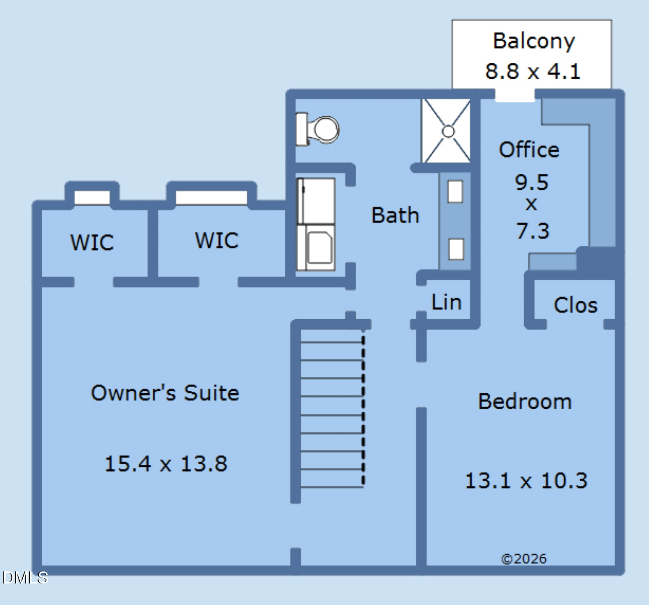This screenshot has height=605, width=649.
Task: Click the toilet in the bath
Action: (320, 129)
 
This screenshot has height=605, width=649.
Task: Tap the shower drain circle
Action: (448, 131)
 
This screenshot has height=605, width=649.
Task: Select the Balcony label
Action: (533, 41)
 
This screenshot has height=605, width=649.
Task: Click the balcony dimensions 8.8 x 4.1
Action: (533, 71)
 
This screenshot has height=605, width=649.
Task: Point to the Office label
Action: (529, 150)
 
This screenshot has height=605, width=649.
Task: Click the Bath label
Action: (395, 215)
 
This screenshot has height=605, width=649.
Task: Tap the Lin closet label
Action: (446, 302)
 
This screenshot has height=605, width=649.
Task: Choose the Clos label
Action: (575, 305)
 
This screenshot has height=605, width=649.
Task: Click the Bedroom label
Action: (525, 401)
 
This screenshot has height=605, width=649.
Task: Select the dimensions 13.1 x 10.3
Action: (526, 481)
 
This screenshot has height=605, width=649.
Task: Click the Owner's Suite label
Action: (165, 393)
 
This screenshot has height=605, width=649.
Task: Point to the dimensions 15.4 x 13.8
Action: (166, 464)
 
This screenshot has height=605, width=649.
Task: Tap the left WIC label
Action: (92, 242)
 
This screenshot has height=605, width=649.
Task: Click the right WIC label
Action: (216, 240)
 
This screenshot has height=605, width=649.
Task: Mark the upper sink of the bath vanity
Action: (455, 191)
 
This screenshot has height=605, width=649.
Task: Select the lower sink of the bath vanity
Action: (456, 249)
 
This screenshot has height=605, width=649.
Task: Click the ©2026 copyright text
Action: (524, 559)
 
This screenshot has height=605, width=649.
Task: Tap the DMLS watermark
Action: (25, 577)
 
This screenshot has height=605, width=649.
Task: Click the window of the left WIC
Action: (92, 198)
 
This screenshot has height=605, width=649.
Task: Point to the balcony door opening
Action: (515, 95)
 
